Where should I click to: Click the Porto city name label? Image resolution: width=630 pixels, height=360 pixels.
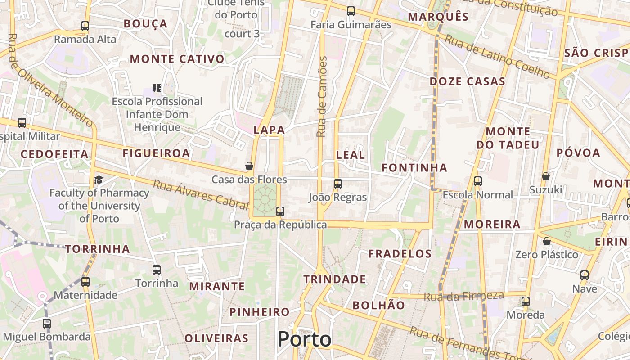[304, 339]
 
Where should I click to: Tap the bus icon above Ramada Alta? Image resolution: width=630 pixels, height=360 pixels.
[85, 26]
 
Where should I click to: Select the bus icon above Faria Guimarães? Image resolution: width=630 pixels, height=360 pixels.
[351, 11]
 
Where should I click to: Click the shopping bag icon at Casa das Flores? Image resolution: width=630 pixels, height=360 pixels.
[249, 166]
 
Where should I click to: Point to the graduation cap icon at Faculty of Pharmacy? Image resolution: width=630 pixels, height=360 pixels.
[99, 180]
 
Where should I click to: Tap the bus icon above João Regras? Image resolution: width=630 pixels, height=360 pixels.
[338, 184]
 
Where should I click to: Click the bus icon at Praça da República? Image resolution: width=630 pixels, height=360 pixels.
[280, 211]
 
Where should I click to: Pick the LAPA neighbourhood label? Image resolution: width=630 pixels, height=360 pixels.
[269, 130]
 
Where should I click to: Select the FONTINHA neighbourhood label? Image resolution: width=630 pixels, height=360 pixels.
[414, 168]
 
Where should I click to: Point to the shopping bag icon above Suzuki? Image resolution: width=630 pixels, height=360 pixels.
[546, 176]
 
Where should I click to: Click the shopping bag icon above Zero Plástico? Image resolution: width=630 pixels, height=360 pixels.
[547, 242]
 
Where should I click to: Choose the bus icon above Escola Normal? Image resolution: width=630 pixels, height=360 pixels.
[478, 181]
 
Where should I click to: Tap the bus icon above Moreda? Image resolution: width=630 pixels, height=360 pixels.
[526, 301]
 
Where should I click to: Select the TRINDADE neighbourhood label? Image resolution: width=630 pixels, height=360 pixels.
[334, 279]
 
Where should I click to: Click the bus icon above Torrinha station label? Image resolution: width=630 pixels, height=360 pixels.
[157, 270]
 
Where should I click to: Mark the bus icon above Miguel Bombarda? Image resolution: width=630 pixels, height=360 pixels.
[47, 323]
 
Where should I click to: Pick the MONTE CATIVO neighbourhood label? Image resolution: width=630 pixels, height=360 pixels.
[177, 59]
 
